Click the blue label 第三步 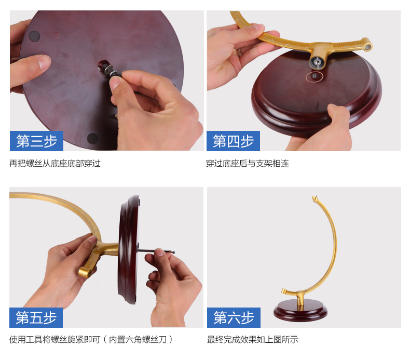point(37,141)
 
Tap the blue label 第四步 point(233,141)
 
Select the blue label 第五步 point(36,317)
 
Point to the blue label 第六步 point(234,317)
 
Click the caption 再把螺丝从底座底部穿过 point(55,163)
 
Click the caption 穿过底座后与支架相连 point(248,163)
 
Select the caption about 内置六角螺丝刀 point(91,340)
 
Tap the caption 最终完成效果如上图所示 point(253,340)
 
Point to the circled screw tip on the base point(315,76)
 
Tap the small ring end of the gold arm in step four point(367,47)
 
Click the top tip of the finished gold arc point(315,198)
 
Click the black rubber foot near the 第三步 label point(92,138)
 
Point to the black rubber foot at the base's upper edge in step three point(34,36)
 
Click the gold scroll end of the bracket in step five point(85,272)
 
